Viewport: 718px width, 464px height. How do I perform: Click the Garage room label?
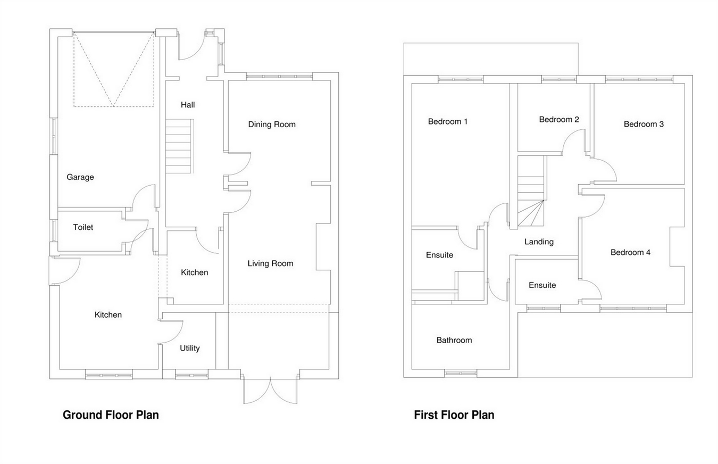80,177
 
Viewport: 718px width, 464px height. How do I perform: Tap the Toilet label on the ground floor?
83,227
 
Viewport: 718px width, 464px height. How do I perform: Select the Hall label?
188,105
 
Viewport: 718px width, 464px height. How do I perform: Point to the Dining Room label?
272,125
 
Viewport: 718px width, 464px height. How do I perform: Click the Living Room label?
270,263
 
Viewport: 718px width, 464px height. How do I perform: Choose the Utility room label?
190,348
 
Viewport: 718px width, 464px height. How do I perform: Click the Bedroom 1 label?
448,121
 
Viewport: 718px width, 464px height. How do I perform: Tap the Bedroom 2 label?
559,119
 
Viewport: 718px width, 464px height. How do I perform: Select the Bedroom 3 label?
644,124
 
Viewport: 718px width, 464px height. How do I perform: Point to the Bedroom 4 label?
630,252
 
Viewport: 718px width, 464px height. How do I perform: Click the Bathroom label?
454,340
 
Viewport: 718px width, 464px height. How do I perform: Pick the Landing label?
539,242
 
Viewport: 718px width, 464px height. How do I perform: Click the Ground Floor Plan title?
111,415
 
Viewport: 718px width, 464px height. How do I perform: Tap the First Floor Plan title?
454,415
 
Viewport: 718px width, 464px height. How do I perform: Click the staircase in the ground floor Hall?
178,146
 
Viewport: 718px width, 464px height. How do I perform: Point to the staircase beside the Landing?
531,192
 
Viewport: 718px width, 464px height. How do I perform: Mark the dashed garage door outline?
114,69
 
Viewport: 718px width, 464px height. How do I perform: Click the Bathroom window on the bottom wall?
461,374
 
